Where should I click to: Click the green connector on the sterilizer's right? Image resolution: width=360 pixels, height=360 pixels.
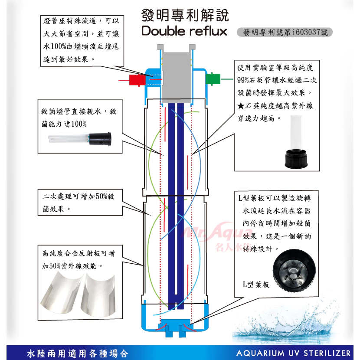click(x=213, y=79)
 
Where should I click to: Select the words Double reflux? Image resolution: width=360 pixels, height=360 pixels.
click(x=184, y=31)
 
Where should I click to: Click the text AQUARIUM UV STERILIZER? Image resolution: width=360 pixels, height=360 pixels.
click(x=293, y=352)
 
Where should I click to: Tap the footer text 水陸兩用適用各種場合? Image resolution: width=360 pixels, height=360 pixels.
click(x=77, y=353)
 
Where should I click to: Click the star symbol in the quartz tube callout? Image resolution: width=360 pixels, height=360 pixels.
click(x=241, y=105)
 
